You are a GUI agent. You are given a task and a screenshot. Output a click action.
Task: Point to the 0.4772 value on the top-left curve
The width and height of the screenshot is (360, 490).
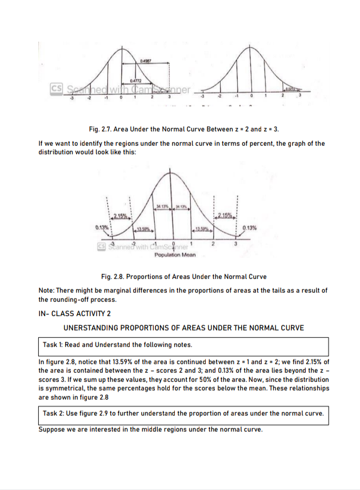[136, 82]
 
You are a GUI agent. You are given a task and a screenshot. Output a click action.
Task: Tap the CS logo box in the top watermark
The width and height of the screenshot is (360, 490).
[55, 90]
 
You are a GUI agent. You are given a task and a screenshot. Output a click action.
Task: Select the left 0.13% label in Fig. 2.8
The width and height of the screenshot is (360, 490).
[103, 228]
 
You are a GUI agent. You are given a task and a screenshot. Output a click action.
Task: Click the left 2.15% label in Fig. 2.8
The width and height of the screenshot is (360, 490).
[120, 215]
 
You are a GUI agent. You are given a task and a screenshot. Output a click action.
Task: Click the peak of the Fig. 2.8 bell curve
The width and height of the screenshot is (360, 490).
[173, 172]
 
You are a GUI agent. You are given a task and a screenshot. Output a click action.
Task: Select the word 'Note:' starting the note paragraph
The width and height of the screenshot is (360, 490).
[47, 290]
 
